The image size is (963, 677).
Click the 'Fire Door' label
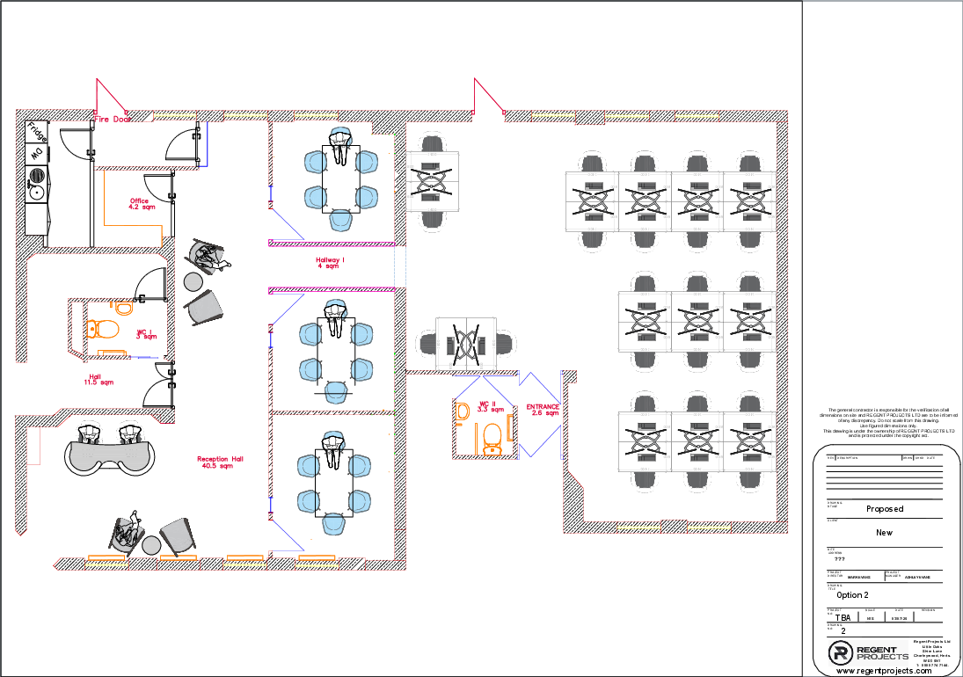pos(113,119)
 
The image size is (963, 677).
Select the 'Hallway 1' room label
pos(330,262)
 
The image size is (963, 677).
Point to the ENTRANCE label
pos(543,410)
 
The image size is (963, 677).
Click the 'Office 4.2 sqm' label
pos(141,204)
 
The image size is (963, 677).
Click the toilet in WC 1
pos(102,330)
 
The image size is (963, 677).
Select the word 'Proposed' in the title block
pos(884,509)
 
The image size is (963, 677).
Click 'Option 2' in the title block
pos(852,595)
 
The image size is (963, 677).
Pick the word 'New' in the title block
pos(884,533)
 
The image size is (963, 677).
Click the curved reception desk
pos(111,456)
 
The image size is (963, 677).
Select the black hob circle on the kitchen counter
pos(37,175)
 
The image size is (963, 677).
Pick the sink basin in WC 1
pos(123,309)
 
